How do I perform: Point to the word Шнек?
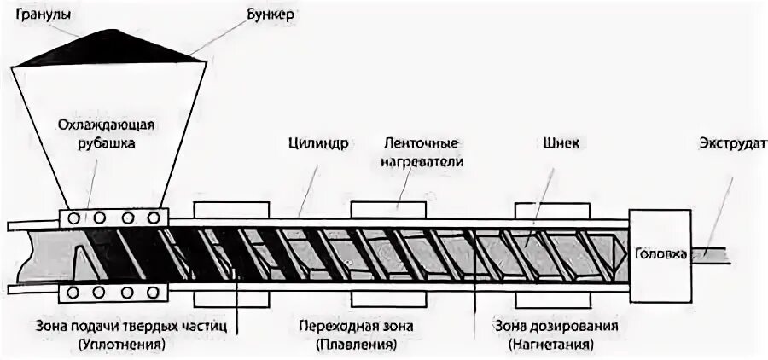(565, 143)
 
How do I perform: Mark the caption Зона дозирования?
(556, 327)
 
